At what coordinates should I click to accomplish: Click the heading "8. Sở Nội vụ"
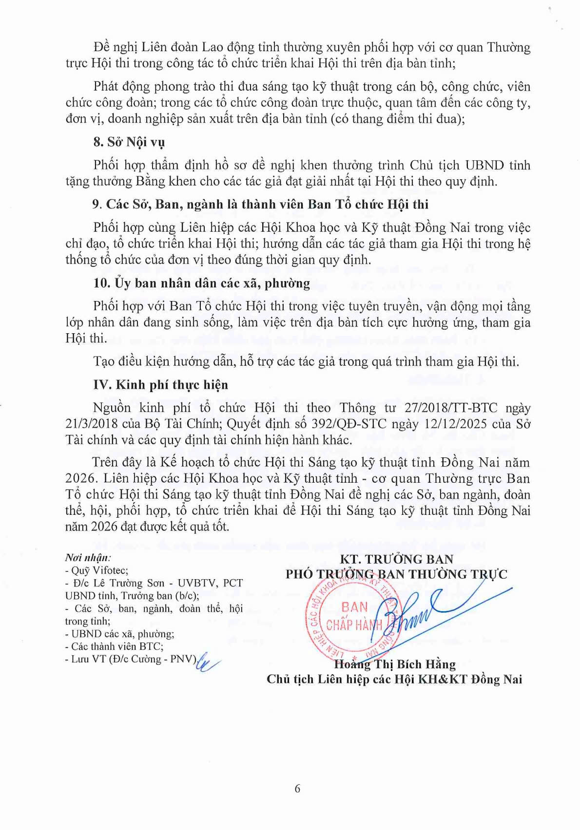click(129, 142)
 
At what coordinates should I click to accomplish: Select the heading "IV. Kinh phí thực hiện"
click(160, 385)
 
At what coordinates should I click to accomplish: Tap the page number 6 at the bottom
click(297, 789)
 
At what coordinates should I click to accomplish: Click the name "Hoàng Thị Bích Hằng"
click(395, 664)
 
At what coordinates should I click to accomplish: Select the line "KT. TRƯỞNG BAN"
click(396, 559)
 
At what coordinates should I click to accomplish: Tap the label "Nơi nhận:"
click(88, 558)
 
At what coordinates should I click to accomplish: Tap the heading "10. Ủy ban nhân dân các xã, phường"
click(201, 283)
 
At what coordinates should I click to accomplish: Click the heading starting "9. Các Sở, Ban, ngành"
click(260, 204)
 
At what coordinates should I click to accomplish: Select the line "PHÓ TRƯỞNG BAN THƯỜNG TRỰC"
click(396, 574)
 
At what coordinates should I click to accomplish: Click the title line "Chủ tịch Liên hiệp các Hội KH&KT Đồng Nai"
click(394, 679)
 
